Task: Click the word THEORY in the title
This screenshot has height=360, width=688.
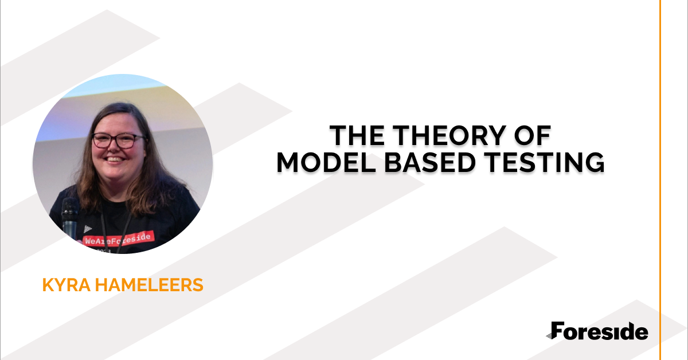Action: click(449, 135)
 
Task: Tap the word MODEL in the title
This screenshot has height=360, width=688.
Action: click(326, 162)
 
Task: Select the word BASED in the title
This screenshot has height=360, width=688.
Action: click(430, 162)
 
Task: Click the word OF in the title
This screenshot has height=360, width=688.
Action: click(533, 135)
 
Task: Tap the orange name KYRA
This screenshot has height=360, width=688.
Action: click(67, 285)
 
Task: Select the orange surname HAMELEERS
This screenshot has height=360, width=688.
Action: click(149, 285)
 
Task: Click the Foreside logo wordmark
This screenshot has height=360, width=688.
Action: click(597, 331)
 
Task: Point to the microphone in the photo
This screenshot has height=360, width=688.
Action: click(71, 218)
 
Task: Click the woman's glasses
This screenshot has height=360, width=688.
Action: click(118, 140)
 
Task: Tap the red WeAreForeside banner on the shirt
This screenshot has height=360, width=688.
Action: click(118, 238)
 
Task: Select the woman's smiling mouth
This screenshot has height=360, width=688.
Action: click(115, 159)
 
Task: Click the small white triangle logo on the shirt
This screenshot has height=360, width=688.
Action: click(88, 229)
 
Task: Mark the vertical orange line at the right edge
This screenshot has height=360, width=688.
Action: click(660, 180)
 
